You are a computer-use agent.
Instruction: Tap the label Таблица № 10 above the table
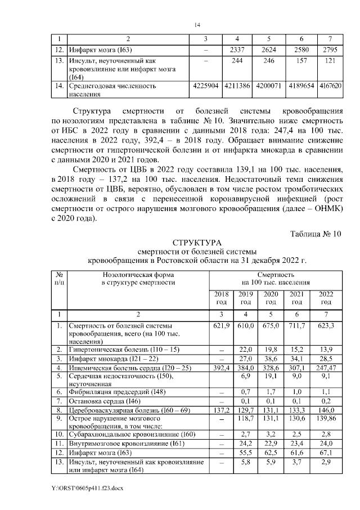[316, 233]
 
